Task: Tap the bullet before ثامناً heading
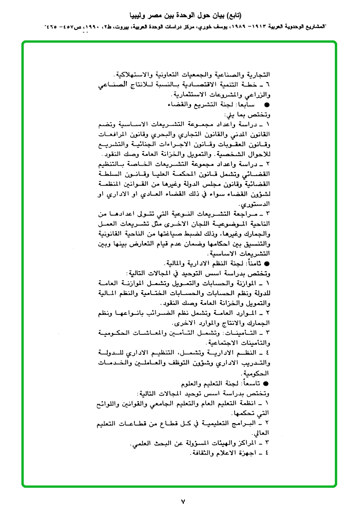pos(266,263)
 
